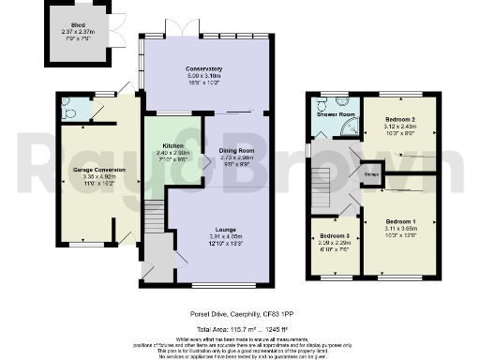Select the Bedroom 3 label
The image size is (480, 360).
click(x=333, y=236)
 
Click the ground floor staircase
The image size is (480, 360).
click(x=151, y=221)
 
